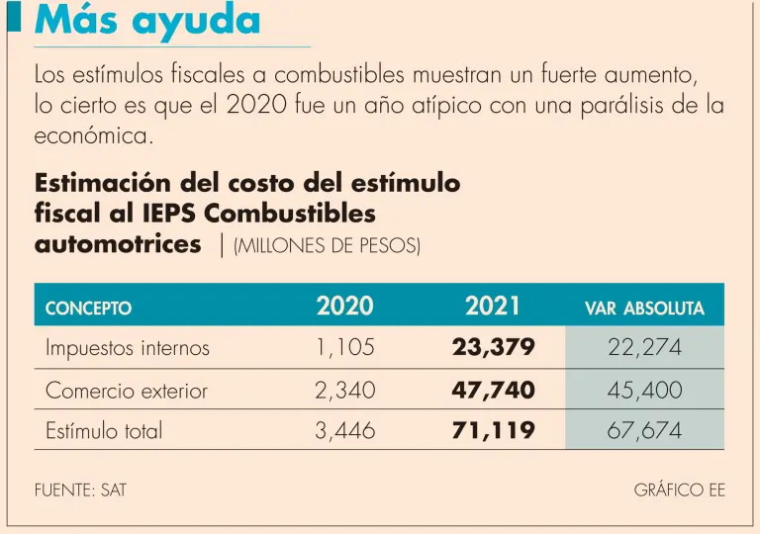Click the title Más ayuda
147,21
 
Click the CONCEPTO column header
88,309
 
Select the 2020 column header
345,307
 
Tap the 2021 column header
493,307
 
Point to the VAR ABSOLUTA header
644,309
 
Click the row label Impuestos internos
128,348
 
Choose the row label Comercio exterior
127,391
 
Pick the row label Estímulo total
104,431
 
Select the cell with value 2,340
345,391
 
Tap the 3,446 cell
345,431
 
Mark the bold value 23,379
493,348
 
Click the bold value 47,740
493,391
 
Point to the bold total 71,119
493,431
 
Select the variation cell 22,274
644,348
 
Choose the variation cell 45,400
644,391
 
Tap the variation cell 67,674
644,431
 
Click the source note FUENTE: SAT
80,489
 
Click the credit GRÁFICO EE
679,489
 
